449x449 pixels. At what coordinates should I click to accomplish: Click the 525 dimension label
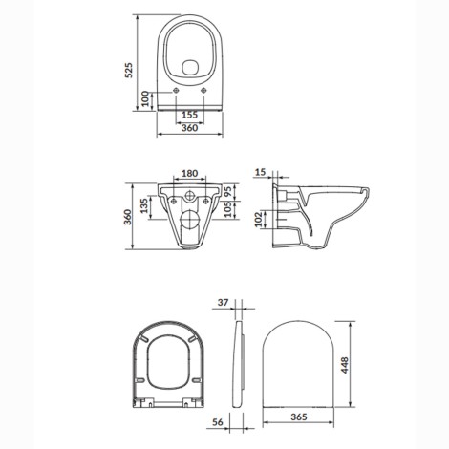129,71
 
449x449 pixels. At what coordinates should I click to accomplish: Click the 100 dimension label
145,99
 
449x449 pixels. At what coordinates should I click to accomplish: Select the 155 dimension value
190,115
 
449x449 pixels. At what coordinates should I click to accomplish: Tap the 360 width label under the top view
190,128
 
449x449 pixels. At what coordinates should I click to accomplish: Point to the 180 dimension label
190,174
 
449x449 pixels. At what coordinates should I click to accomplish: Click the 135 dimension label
144,205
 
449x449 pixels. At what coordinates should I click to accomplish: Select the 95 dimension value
228,192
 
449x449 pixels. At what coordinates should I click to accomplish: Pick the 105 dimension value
228,209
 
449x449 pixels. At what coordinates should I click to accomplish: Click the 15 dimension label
261,172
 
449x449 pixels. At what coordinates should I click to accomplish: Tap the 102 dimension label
259,220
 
